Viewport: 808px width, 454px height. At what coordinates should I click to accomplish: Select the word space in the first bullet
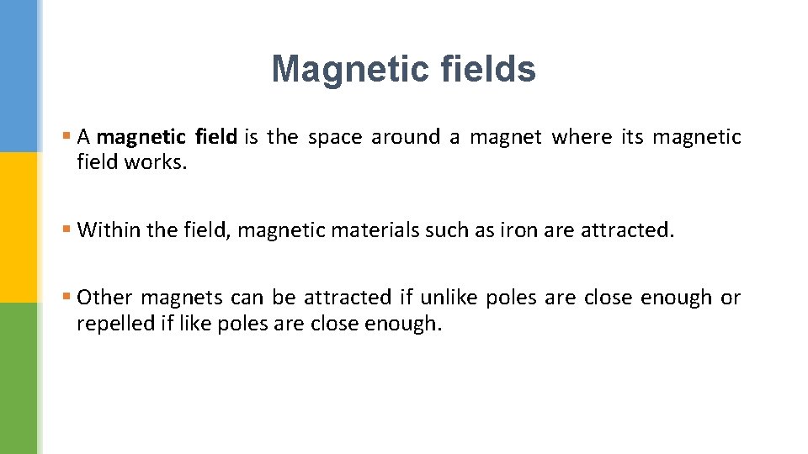(x=334, y=137)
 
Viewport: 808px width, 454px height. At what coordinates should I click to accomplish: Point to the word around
(x=405, y=137)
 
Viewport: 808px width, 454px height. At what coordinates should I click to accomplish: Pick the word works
(x=156, y=161)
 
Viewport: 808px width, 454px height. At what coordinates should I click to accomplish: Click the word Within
(x=107, y=230)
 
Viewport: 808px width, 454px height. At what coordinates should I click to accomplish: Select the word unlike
(x=449, y=298)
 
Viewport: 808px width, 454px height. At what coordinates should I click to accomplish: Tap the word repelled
(x=113, y=323)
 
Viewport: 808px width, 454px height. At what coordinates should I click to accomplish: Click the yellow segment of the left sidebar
(x=19, y=227)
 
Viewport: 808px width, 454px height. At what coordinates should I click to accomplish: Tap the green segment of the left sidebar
(x=19, y=378)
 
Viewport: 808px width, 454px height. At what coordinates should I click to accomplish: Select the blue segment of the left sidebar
(x=19, y=76)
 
